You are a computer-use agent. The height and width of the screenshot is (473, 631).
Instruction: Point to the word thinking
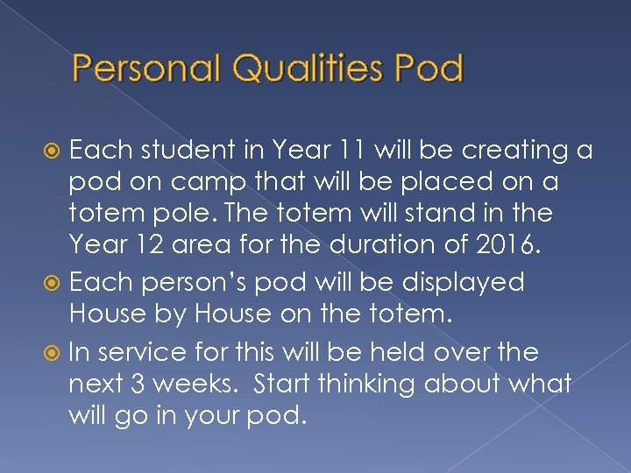click(x=374, y=384)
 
